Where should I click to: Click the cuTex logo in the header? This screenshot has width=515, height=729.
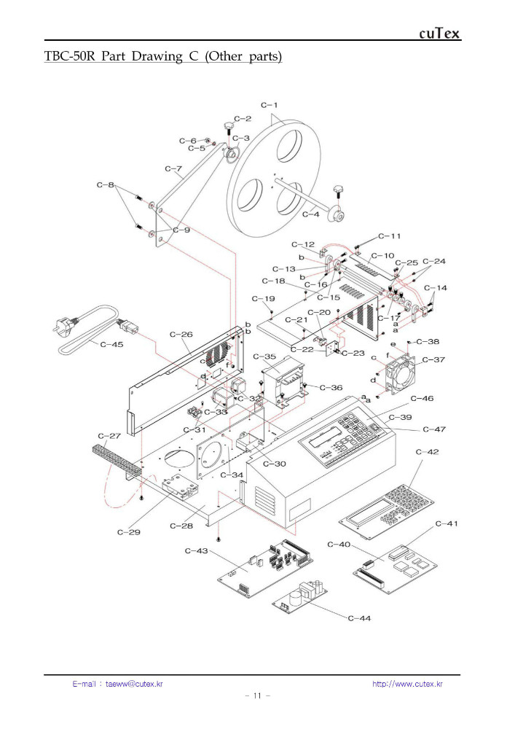[x=440, y=34]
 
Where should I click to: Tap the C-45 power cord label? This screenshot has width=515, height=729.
[x=111, y=344]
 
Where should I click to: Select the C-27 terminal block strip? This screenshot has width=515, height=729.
[x=116, y=459]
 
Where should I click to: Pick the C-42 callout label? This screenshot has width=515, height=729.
[x=428, y=452]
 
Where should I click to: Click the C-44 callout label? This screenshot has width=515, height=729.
[x=359, y=618]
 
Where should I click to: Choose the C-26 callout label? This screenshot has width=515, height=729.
[x=181, y=335]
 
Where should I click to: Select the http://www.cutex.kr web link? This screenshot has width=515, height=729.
[x=407, y=684]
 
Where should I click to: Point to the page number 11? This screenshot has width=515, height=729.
[x=257, y=696]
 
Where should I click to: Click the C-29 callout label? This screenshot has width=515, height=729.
[x=129, y=532]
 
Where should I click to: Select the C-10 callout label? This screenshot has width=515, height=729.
[x=382, y=256]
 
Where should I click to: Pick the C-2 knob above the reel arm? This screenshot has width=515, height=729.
[x=229, y=128]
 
